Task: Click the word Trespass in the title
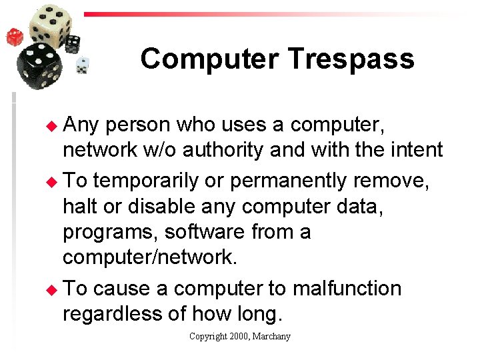click(x=351, y=59)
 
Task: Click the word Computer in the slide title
click(x=210, y=59)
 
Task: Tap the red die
click(x=15, y=36)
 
